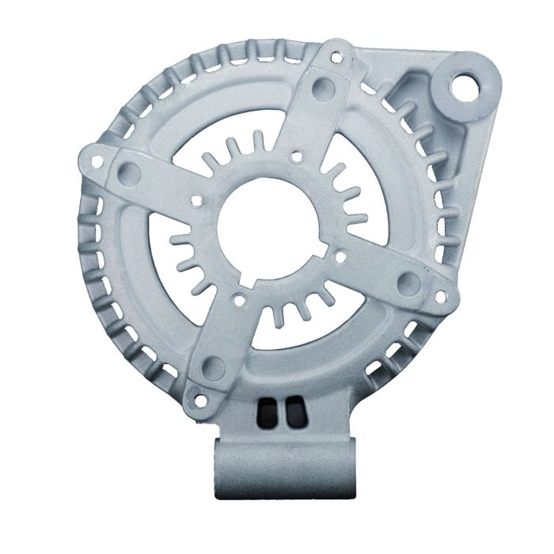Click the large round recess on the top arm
click(x=322, y=87)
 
